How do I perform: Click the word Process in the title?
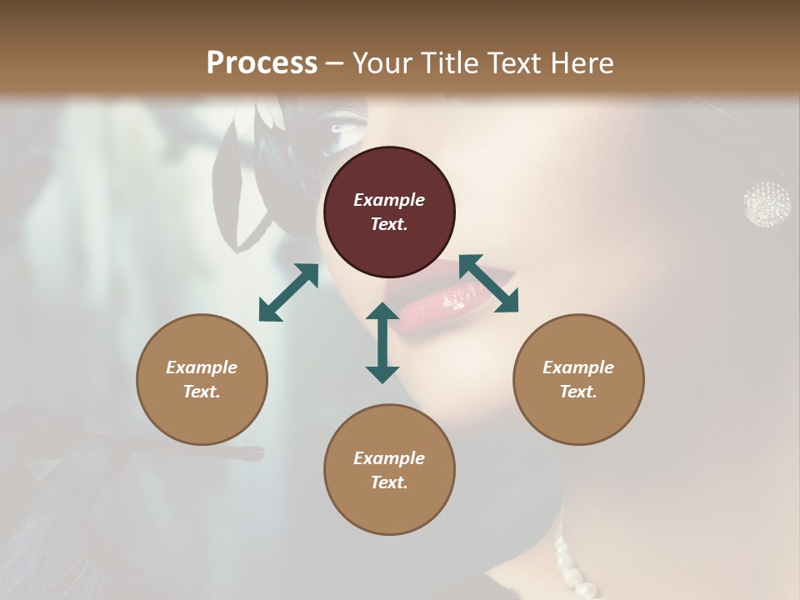pyautogui.click(x=262, y=63)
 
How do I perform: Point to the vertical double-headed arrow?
pyautogui.click(x=382, y=342)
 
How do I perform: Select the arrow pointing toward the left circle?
pyautogui.click(x=288, y=292)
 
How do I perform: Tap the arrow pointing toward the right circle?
pyautogui.click(x=489, y=283)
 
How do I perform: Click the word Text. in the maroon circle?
pyautogui.click(x=389, y=224)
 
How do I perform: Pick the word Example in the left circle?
pyautogui.click(x=202, y=367)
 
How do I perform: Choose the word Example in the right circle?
pyautogui.click(x=578, y=367)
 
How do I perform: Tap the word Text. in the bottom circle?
pyautogui.click(x=389, y=482)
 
